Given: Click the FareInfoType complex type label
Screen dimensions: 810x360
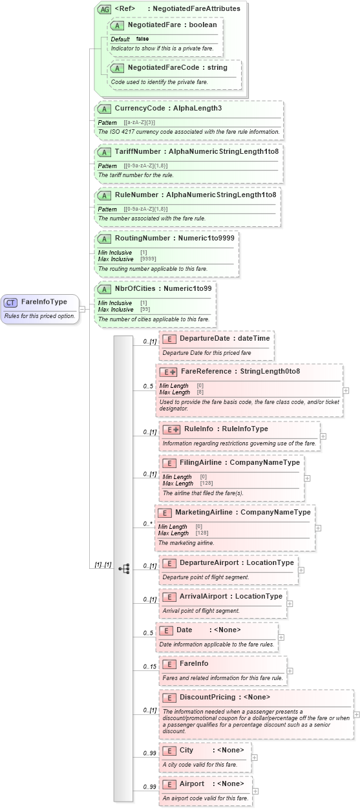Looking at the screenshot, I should pyautogui.click(x=44, y=302).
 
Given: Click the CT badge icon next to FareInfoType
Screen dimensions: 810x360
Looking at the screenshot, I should pyautogui.click(x=10, y=302).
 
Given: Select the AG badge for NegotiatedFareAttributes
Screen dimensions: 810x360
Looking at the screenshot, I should pyautogui.click(x=103, y=9).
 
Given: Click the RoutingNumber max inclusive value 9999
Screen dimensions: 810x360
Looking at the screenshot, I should pyautogui.click(x=148, y=259).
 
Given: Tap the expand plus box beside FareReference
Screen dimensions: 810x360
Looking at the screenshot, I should pyautogui.click(x=346, y=390).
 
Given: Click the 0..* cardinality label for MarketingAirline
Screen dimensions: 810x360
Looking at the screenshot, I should pyautogui.click(x=147, y=524).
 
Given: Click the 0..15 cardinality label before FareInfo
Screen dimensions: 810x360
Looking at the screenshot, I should pyautogui.click(x=149, y=666).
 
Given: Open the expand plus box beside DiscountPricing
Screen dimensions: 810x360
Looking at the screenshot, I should pyautogui.click(x=356, y=714).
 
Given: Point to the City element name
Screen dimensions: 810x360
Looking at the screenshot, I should pyautogui.click(x=187, y=751).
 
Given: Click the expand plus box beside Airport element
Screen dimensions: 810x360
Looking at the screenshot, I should pyautogui.click(x=256, y=791).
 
